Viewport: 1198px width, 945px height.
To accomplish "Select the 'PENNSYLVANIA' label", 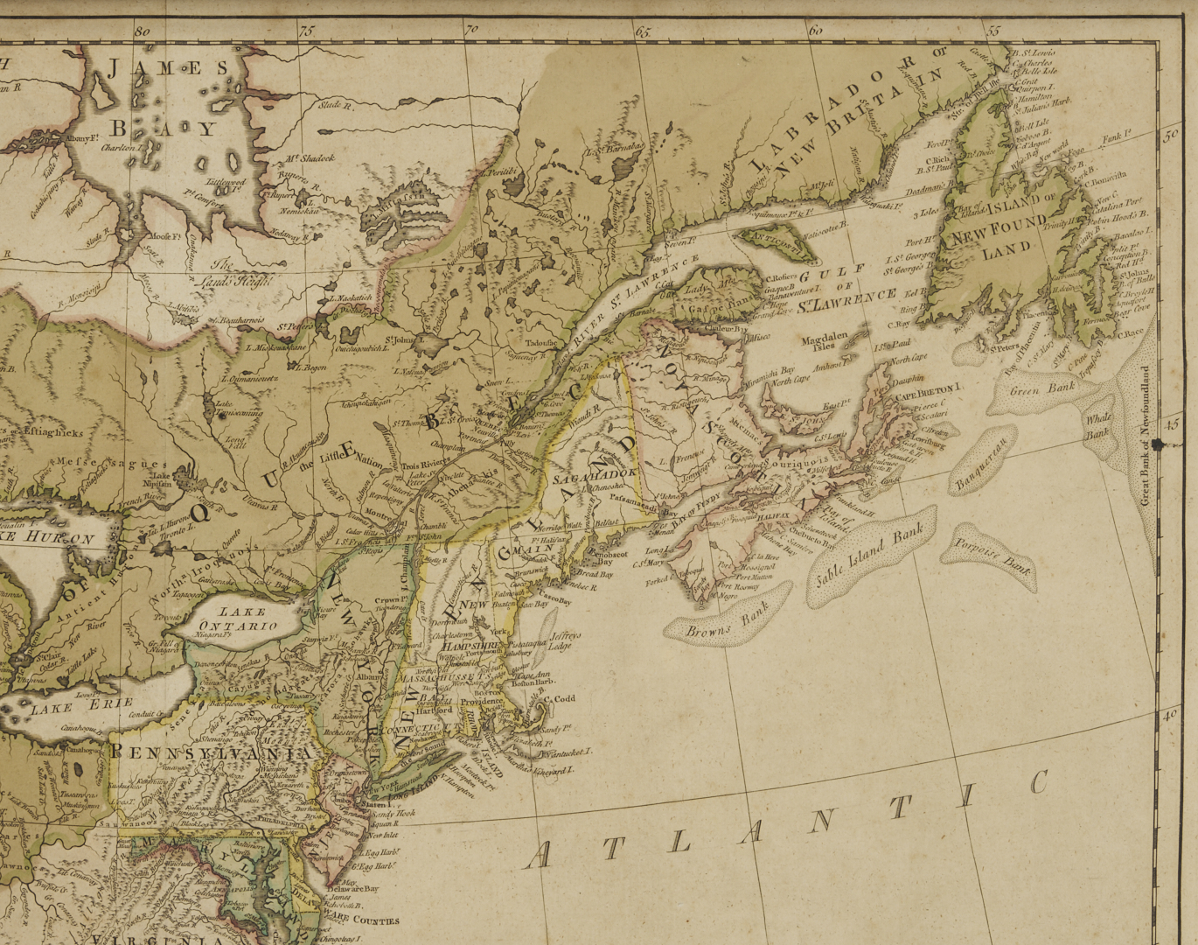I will coord(211,753).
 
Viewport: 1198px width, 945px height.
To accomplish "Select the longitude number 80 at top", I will coord(143,30).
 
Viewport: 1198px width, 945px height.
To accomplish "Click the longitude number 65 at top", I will coord(644,31).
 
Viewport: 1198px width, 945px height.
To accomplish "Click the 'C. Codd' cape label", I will coord(561,698).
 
